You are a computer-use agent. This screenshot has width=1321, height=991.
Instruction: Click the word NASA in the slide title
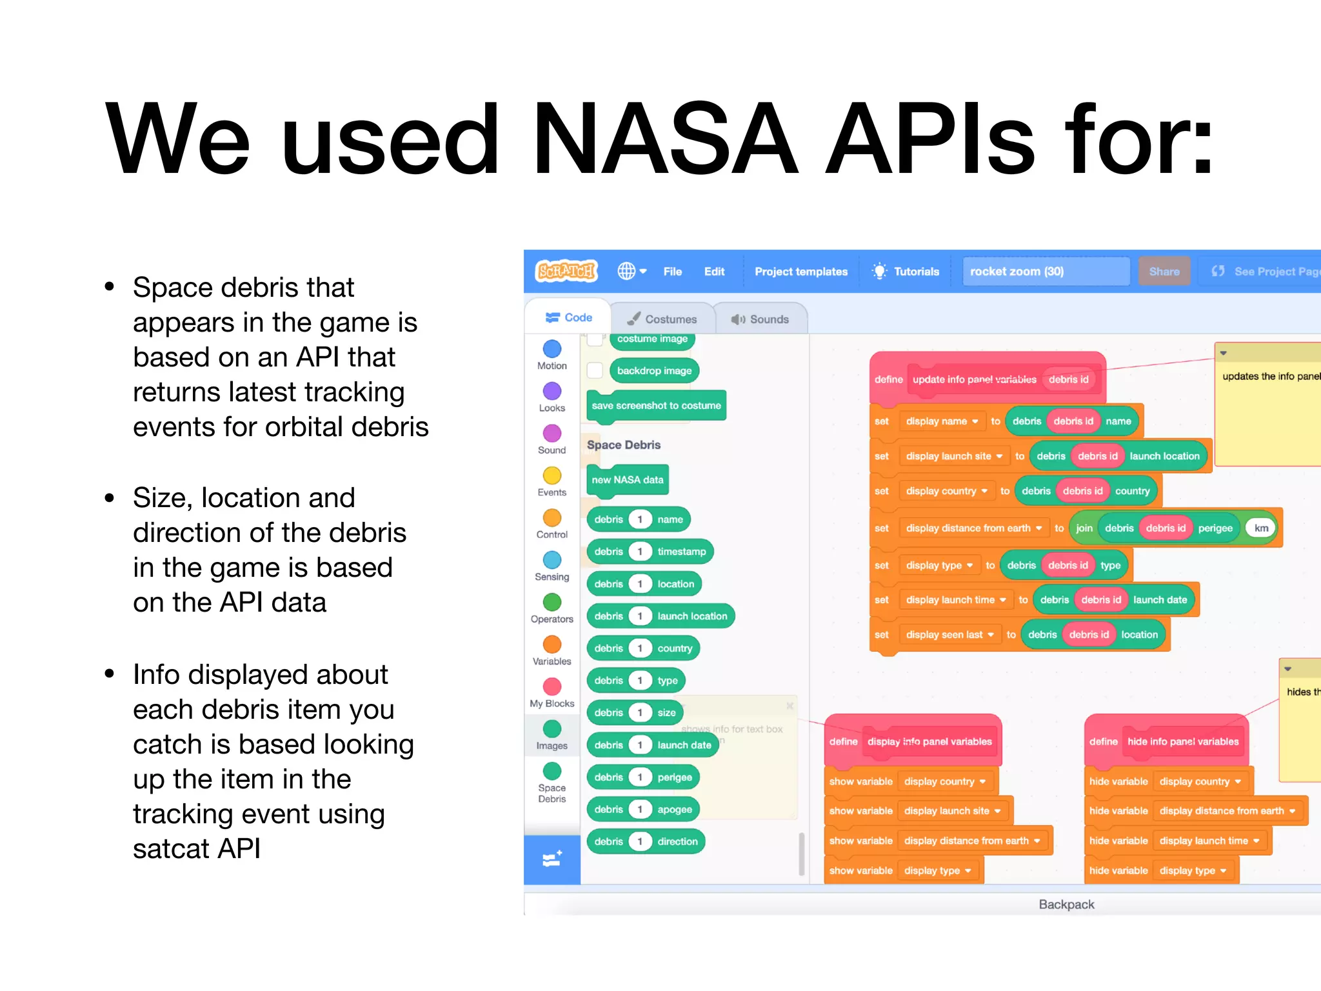pyautogui.click(x=664, y=139)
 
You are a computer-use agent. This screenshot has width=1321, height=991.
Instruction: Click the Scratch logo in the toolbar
pyautogui.click(x=566, y=271)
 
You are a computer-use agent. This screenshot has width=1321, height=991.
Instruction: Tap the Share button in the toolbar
pyautogui.click(x=1164, y=272)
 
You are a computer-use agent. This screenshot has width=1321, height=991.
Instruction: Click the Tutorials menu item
pyautogui.click(x=906, y=272)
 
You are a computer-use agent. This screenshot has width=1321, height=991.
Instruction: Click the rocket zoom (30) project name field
pyautogui.click(x=1045, y=272)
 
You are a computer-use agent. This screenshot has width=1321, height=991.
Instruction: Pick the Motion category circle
pyautogui.click(x=551, y=349)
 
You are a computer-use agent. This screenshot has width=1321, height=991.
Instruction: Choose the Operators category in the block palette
pyautogui.click(x=551, y=603)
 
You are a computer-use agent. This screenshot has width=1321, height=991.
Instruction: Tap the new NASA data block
pyautogui.click(x=627, y=480)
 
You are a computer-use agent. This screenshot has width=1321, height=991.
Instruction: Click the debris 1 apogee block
pyautogui.click(x=642, y=809)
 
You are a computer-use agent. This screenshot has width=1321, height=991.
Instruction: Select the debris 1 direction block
pyautogui.click(x=645, y=841)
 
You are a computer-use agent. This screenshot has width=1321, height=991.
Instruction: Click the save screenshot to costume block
pyautogui.click(x=656, y=406)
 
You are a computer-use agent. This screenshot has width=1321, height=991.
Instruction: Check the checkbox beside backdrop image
pyautogui.click(x=595, y=370)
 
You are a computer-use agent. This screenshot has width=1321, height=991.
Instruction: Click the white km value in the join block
pyautogui.click(x=1261, y=528)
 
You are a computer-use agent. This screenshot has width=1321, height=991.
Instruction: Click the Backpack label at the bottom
pyautogui.click(x=1066, y=905)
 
